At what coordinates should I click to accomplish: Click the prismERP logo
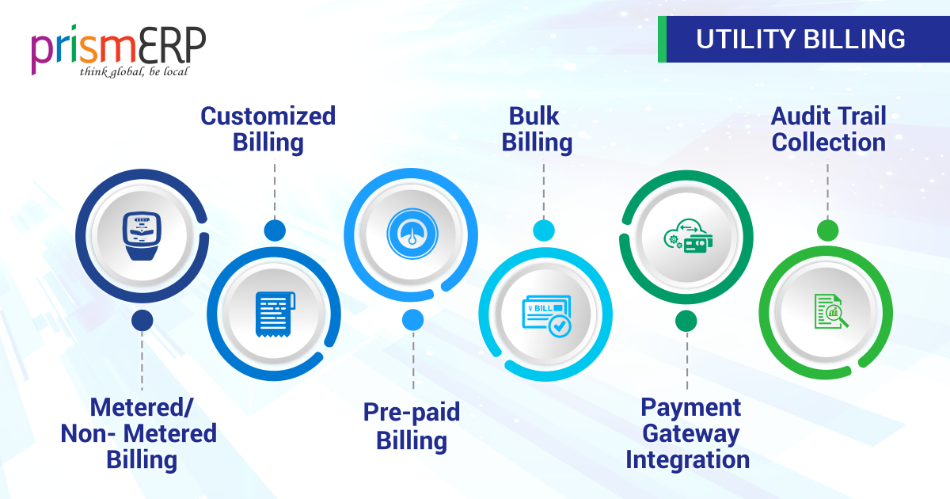tap(119, 49)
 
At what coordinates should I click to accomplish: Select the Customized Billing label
tap(268, 129)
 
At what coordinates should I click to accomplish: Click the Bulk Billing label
tap(538, 129)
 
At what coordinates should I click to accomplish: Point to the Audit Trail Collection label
tap(828, 129)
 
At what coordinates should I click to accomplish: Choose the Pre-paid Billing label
tap(412, 425)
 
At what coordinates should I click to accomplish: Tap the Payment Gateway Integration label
tap(687, 433)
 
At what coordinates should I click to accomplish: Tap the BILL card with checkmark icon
tap(547, 314)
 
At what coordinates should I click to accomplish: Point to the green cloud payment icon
tap(686, 235)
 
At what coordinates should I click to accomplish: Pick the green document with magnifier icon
tap(829, 311)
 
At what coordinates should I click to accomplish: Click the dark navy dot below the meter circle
tap(142, 320)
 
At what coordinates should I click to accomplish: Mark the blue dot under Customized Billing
tap(275, 230)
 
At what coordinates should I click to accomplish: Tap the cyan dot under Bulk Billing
tap(544, 230)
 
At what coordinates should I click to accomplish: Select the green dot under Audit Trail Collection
tap(827, 230)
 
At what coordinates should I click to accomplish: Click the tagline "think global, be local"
tap(135, 72)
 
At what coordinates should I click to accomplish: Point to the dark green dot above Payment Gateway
tap(686, 320)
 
